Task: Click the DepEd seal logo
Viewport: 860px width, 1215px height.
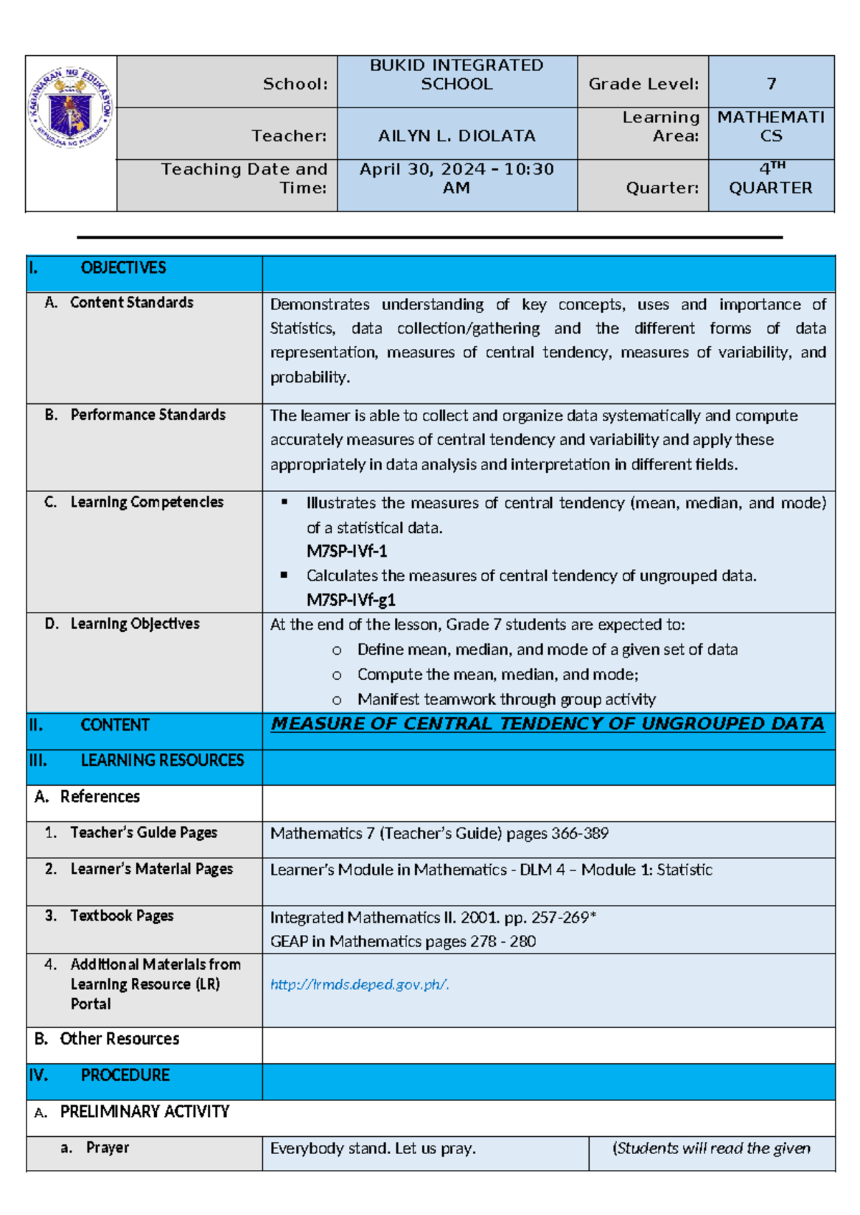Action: [x=70, y=108]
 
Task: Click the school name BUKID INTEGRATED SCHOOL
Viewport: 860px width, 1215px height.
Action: [x=457, y=75]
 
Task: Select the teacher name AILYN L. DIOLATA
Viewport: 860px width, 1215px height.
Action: [x=457, y=135]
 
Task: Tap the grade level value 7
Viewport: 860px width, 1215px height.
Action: [x=771, y=84]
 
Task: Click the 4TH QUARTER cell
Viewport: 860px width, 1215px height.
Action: [x=771, y=178]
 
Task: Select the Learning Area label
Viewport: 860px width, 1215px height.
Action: [x=660, y=126]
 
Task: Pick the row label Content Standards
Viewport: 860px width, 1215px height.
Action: [x=131, y=302]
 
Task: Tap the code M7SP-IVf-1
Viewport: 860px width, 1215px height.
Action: [x=347, y=551]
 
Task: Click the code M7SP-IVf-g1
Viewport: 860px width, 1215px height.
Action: [x=351, y=600]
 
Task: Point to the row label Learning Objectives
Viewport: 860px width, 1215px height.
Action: [x=135, y=623]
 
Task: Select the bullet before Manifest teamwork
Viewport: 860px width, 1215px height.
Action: [x=337, y=700]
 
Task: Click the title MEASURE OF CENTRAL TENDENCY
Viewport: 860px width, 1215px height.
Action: [x=548, y=724]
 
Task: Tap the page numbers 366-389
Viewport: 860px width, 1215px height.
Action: [x=579, y=833]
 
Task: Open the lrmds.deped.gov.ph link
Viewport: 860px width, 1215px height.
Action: [x=360, y=984]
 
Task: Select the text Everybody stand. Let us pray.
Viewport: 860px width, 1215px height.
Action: [x=373, y=1148]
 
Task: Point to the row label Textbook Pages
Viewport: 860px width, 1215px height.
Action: [x=121, y=916]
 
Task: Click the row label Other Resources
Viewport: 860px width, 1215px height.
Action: [x=119, y=1039]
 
